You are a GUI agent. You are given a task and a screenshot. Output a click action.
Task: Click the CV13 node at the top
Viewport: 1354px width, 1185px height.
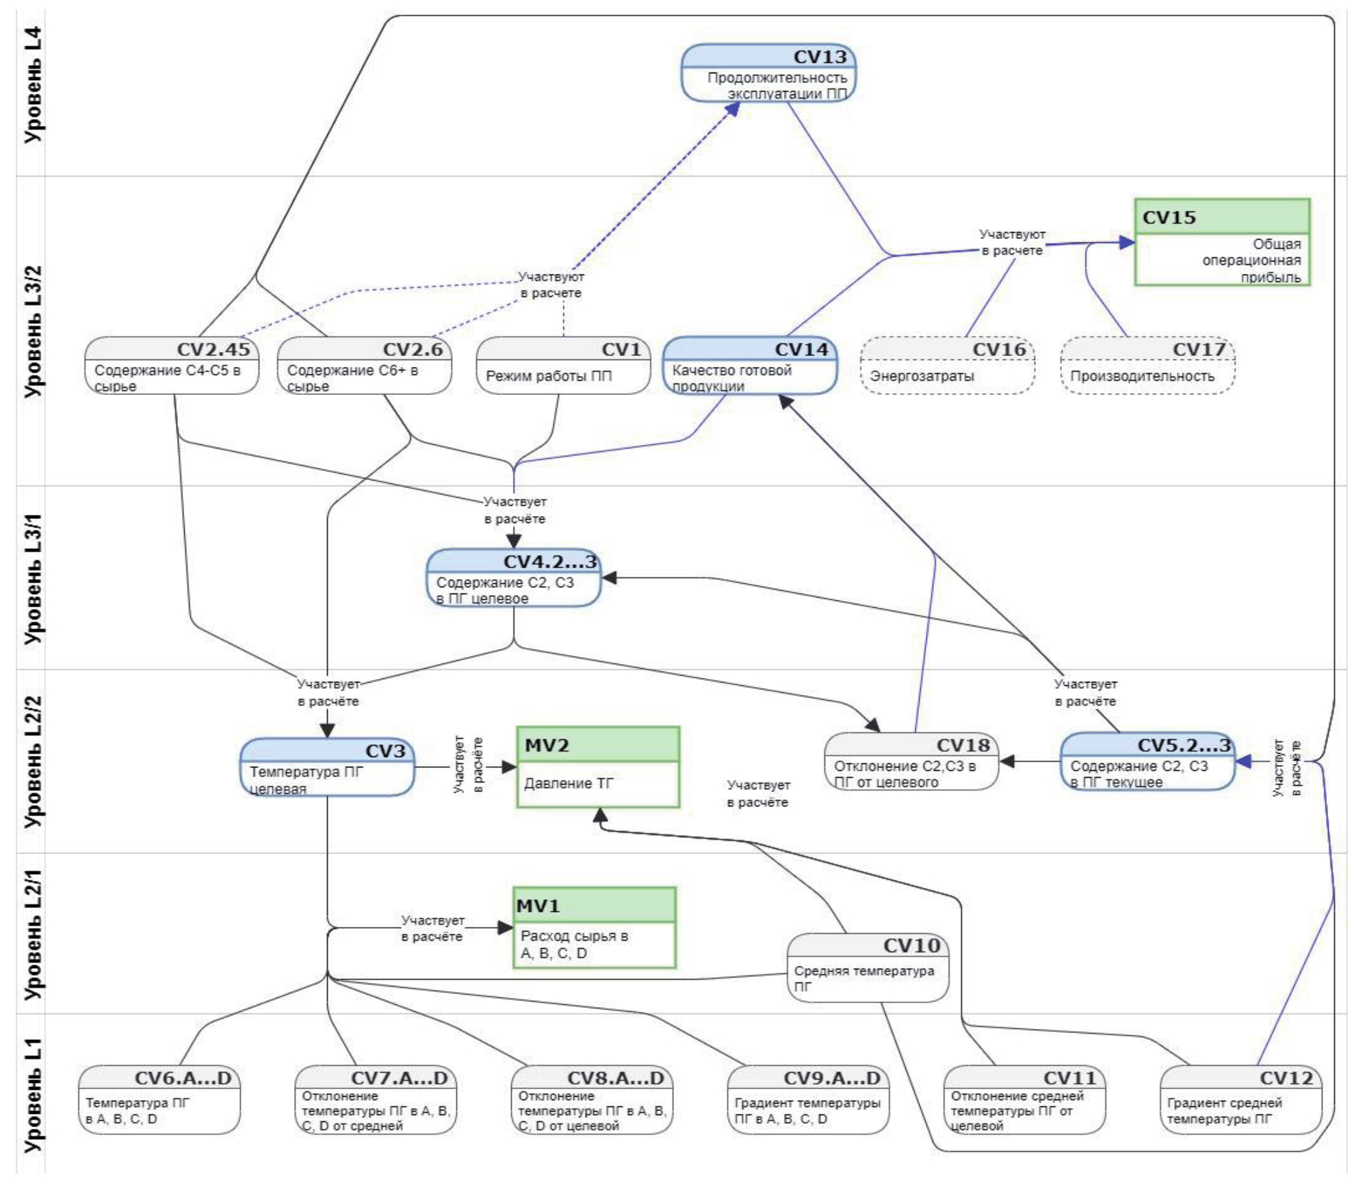tap(768, 73)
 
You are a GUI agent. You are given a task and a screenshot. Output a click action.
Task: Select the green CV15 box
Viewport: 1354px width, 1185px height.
tap(1221, 242)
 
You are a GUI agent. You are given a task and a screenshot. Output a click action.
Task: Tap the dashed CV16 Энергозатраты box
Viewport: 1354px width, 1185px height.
tap(947, 365)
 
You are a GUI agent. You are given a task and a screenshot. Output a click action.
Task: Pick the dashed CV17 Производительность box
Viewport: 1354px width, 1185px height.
tap(1147, 365)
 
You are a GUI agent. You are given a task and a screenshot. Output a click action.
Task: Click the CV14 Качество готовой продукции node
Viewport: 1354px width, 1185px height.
tap(749, 365)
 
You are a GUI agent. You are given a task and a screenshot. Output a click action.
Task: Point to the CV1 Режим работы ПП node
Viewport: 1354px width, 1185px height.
tap(562, 365)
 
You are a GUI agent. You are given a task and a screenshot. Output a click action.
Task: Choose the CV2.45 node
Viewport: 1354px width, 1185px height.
tap(171, 365)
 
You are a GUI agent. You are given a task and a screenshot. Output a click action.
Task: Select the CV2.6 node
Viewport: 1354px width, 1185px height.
tap(364, 365)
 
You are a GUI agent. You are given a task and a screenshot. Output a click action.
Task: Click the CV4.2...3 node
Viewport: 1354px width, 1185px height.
tap(513, 578)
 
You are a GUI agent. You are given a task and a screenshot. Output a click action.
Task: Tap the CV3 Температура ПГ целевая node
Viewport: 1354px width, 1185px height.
tap(327, 767)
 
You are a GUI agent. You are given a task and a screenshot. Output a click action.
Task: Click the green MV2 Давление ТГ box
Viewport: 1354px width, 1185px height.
tap(598, 767)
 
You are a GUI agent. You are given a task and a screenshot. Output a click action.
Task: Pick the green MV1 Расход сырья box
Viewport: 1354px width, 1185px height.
tap(594, 928)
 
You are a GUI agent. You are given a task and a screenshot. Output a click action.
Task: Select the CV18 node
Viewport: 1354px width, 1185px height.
tap(911, 761)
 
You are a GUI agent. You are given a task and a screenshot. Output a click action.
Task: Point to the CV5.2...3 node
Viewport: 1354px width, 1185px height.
tap(1147, 761)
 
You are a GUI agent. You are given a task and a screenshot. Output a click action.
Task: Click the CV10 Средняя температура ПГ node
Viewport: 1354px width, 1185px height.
tap(868, 967)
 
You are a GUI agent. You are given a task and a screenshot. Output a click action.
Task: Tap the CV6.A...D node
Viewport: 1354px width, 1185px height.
tap(159, 1099)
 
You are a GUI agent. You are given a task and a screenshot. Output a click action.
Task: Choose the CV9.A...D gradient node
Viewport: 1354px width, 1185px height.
tap(808, 1099)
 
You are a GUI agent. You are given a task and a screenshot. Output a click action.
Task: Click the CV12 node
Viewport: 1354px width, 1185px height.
tap(1240, 1099)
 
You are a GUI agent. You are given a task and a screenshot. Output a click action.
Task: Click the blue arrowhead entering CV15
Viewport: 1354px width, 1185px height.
tap(1126, 242)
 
